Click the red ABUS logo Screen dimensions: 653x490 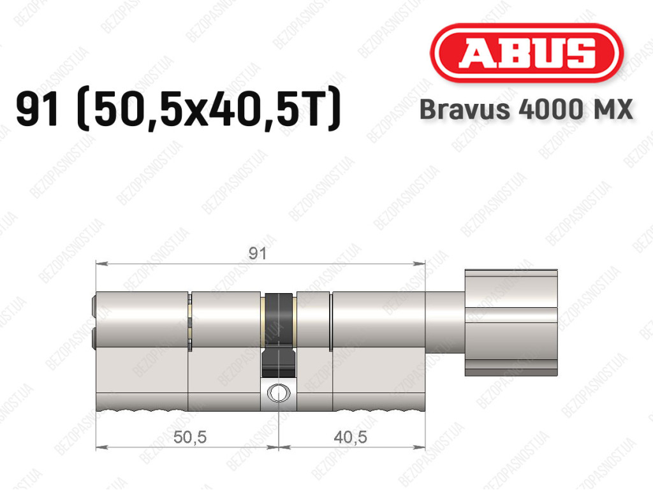526,53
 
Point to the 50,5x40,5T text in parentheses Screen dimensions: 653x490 209,110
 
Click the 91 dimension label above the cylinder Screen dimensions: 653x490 257,254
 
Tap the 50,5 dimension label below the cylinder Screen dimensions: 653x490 190,437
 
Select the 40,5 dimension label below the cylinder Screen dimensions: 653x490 350,437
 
